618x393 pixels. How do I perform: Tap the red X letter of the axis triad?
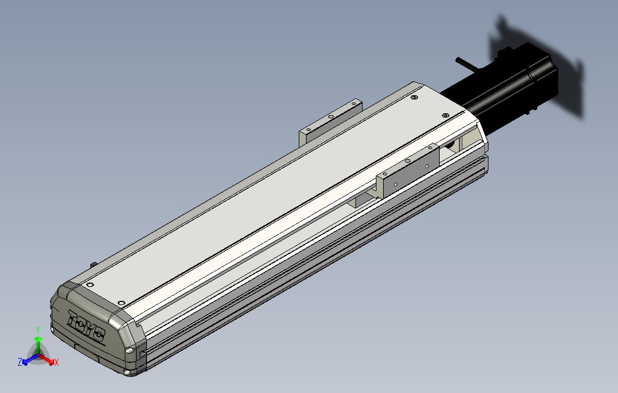pos(57,362)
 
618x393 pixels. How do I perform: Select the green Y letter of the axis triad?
pos(38,330)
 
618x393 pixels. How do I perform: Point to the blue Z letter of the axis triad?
pos(20,362)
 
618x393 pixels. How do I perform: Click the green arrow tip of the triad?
pos(38,339)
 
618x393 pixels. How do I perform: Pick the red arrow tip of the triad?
pos(51,362)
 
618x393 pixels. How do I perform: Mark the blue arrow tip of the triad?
pos(25,362)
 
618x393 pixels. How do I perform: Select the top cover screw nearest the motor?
pos(445,115)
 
